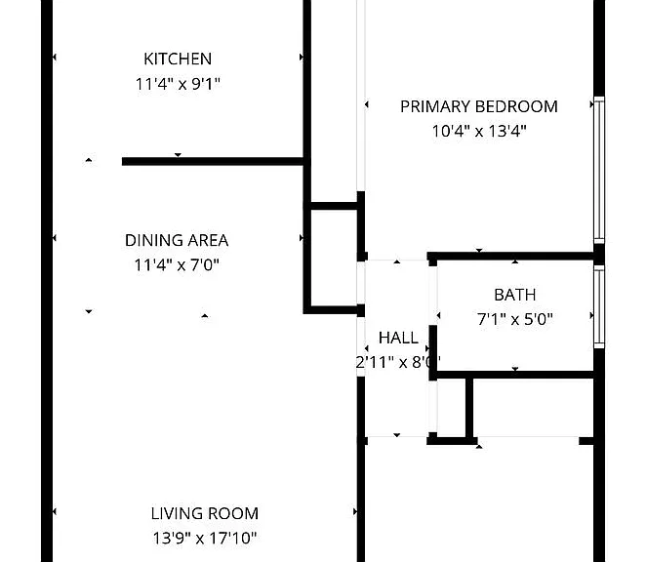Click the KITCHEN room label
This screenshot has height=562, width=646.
(x=178, y=59)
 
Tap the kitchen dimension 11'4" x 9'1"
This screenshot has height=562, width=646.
(x=178, y=84)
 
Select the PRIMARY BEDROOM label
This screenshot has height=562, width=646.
(x=479, y=106)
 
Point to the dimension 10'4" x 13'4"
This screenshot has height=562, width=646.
(x=479, y=132)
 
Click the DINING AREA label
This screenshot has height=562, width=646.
(x=177, y=240)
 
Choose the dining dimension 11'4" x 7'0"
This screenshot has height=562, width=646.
(x=177, y=265)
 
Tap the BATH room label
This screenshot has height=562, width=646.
(x=515, y=295)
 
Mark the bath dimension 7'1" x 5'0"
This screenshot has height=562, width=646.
(x=515, y=319)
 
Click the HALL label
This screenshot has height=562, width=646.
(x=398, y=338)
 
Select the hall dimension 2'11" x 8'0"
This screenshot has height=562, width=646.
(x=398, y=362)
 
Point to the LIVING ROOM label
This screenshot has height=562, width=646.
(x=205, y=514)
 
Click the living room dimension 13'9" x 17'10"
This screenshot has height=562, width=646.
(x=205, y=539)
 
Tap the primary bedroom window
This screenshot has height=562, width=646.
(x=599, y=170)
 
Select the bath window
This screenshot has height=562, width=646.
(x=599, y=307)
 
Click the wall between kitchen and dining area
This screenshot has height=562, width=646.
(x=213, y=162)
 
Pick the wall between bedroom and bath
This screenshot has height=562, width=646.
(x=511, y=256)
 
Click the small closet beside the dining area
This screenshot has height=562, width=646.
(x=334, y=258)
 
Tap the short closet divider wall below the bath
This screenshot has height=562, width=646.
(x=469, y=408)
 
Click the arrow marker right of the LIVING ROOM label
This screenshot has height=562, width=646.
(x=355, y=511)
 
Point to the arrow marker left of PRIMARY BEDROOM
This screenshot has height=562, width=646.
(x=367, y=104)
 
